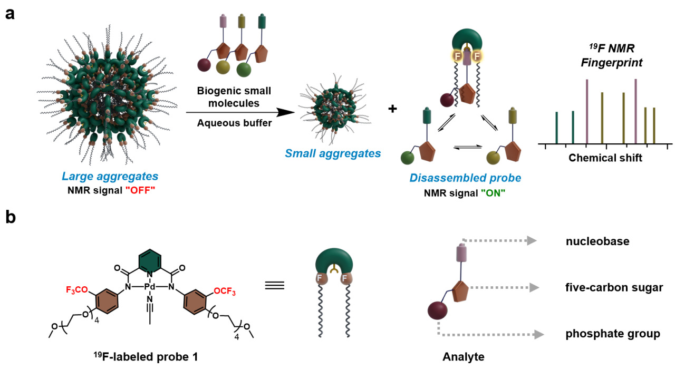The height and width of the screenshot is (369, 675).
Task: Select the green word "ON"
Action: click(x=494, y=192)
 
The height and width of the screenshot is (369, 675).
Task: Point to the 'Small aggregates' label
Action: click(x=332, y=154)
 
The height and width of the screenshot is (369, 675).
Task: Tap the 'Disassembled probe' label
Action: click(x=465, y=178)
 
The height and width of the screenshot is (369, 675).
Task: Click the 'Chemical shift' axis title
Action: click(x=605, y=158)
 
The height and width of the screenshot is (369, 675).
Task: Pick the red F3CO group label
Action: click(x=78, y=275)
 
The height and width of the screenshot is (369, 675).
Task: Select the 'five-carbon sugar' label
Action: click(x=606, y=287)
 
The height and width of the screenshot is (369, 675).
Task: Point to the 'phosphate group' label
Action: click(x=605, y=334)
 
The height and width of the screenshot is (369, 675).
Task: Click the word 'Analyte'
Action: click(x=464, y=357)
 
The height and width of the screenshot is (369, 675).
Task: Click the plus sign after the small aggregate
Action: click(x=392, y=109)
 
